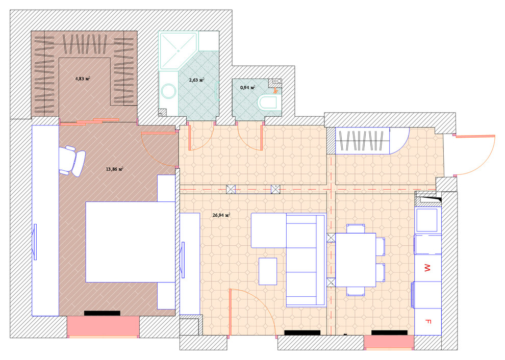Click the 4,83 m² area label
pyautogui.click(x=83, y=78)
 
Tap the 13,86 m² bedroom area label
pyautogui.click(x=115, y=169)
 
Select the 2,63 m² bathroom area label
pyautogui.click(x=196, y=80)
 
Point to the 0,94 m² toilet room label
pyautogui.click(x=248, y=87)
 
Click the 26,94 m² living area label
pyautogui.click(x=221, y=215)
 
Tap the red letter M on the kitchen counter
pyautogui.click(x=427, y=268)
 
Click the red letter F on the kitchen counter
pyautogui.click(x=428, y=321)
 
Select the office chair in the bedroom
pyautogui.click(x=72, y=161)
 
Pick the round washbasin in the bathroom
pyautogui.click(x=168, y=91)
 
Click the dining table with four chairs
pyautogui.click(x=356, y=260)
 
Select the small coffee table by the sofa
pyautogui.click(x=268, y=271)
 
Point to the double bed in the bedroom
pyautogui.click(x=130, y=242)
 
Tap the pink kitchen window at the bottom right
pyautogui.click(x=389, y=342)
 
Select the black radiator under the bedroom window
pyautogui.click(x=102, y=313)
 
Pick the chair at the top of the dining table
pyautogui.click(x=356, y=228)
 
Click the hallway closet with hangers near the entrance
pyautogui.click(x=363, y=141)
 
